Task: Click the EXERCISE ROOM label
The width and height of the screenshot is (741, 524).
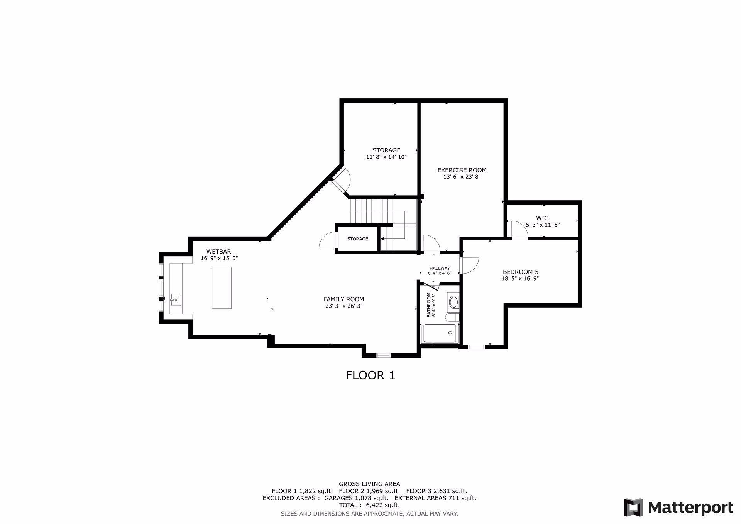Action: (462, 170)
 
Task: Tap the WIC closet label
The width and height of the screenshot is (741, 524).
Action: (542, 218)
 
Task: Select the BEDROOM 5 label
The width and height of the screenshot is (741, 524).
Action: (520, 272)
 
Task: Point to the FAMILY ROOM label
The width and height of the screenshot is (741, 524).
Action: (343, 299)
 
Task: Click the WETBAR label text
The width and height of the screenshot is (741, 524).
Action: (218, 252)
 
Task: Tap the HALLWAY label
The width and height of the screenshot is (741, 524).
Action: (440, 268)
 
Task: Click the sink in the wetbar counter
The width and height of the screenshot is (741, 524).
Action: (176, 299)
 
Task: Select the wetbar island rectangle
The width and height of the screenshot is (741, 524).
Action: (222, 287)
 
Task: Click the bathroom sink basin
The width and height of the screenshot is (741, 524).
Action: (453, 302)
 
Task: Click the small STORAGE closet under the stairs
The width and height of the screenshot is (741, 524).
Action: (357, 239)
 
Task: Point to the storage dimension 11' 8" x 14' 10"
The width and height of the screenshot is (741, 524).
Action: (386, 157)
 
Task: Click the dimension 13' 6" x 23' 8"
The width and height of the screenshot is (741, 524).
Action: (462, 177)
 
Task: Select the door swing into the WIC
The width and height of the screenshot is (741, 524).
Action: (519, 230)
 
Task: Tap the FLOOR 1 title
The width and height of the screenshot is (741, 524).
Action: (370, 375)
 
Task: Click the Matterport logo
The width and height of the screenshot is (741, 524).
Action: (678, 507)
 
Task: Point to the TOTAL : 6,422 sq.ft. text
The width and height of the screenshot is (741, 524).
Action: (369, 505)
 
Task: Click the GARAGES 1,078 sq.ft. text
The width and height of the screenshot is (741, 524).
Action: (356, 498)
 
